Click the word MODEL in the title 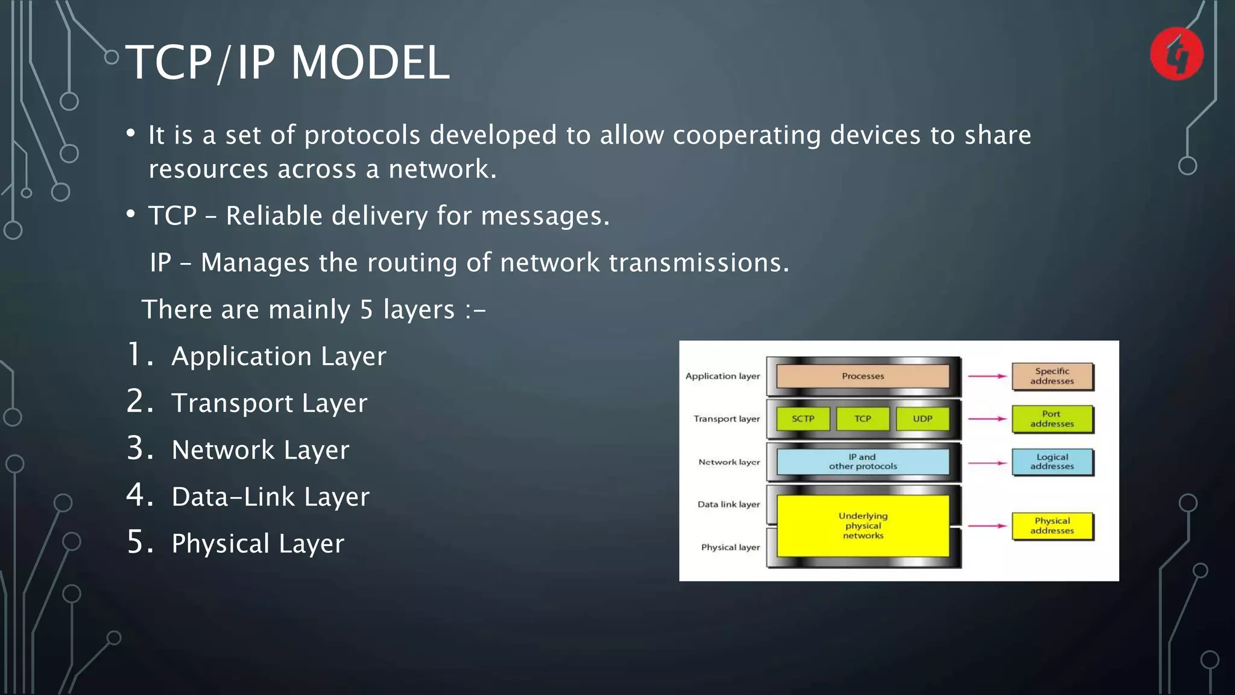pos(370,62)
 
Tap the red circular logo pos(1177,54)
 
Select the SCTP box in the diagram pos(803,419)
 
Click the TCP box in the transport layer pos(862,419)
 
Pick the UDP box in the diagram pos(922,419)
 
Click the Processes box pos(862,376)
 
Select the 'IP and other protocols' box pos(862,462)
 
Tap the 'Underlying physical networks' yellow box pos(862,525)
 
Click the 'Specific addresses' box pos(1052,376)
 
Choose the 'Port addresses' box pos(1052,419)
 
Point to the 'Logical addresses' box pos(1052,462)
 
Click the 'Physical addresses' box pos(1052,525)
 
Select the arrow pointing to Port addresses pos(987,419)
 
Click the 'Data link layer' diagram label pos(728,504)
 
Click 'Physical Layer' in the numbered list pos(257,544)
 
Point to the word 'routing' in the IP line pos(411,262)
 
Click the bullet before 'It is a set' pos(131,134)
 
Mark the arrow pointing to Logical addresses pos(987,463)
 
